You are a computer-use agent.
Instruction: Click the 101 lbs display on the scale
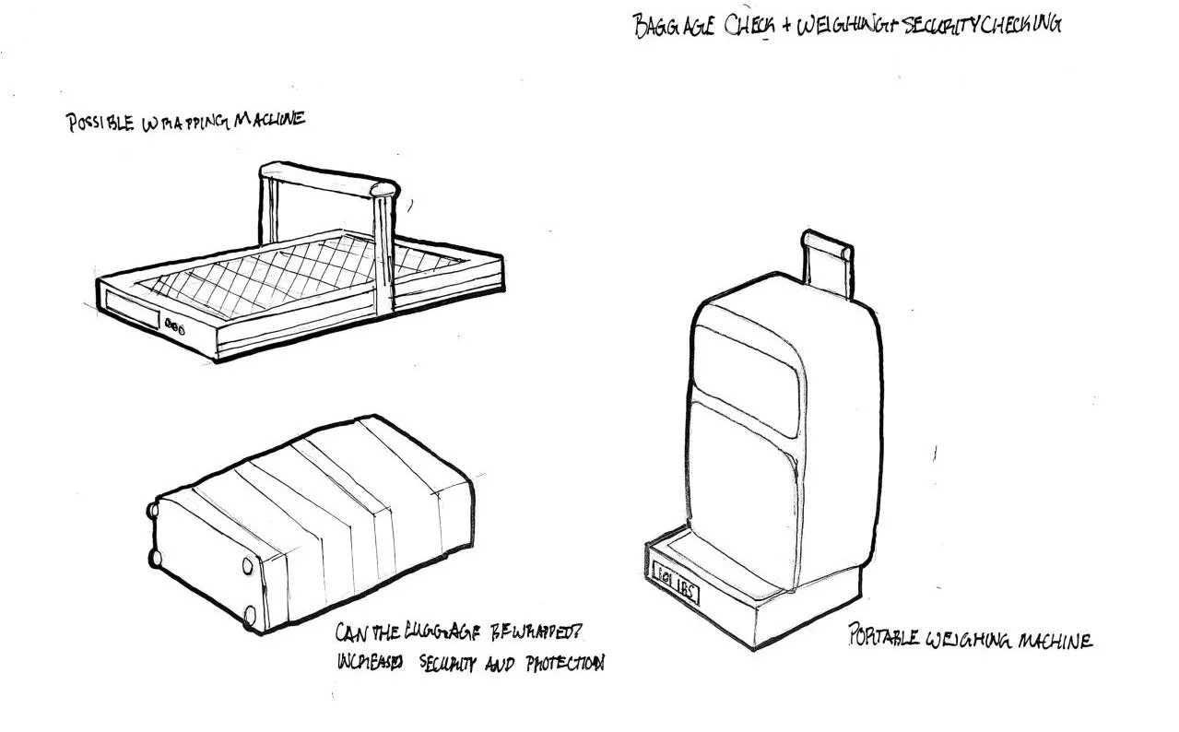point(674,587)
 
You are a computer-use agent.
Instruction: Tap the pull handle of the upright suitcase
point(828,263)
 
